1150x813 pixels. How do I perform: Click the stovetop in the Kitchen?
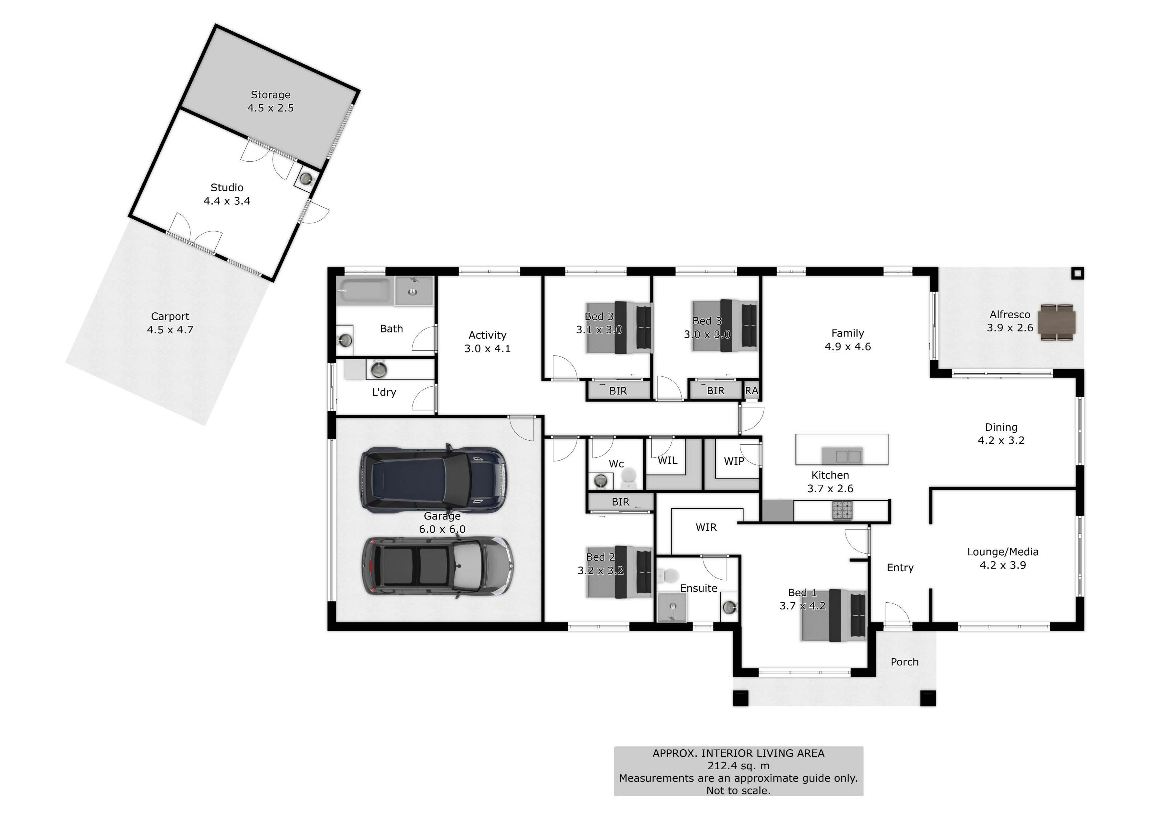click(x=843, y=511)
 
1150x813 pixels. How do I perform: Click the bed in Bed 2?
click(x=620, y=572)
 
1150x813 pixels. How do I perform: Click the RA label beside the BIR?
click(x=751, y=391)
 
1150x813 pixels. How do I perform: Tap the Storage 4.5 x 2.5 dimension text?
click(x=270, y=108)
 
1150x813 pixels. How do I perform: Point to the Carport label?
click(x=170, y=317)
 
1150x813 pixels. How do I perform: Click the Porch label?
click(x=905, y=662)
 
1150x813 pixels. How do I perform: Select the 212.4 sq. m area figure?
click(x=738, y=765)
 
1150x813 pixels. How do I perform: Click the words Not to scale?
click(x=738, y=790)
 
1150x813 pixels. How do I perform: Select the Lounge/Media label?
click(x=1003, y=552)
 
